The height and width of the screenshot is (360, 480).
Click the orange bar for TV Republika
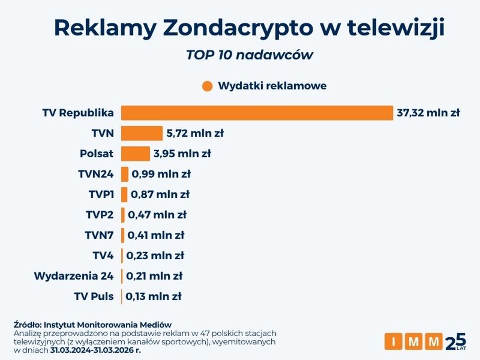[x=257, y=113]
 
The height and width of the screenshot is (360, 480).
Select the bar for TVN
[x=142, y=133]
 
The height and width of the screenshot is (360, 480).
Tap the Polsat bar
[x=135, y=154]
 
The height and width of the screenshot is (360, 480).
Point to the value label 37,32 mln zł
[x=428, y=113]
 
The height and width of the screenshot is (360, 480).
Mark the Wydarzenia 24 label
[x=74, y=276]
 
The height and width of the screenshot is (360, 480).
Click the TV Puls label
[x=94, y=296]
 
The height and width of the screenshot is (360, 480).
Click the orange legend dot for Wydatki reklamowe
[x=208, y=86]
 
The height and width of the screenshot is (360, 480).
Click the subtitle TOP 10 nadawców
[x=250, y=55]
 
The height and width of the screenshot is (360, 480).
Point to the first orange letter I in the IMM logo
[x=394, y=341]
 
